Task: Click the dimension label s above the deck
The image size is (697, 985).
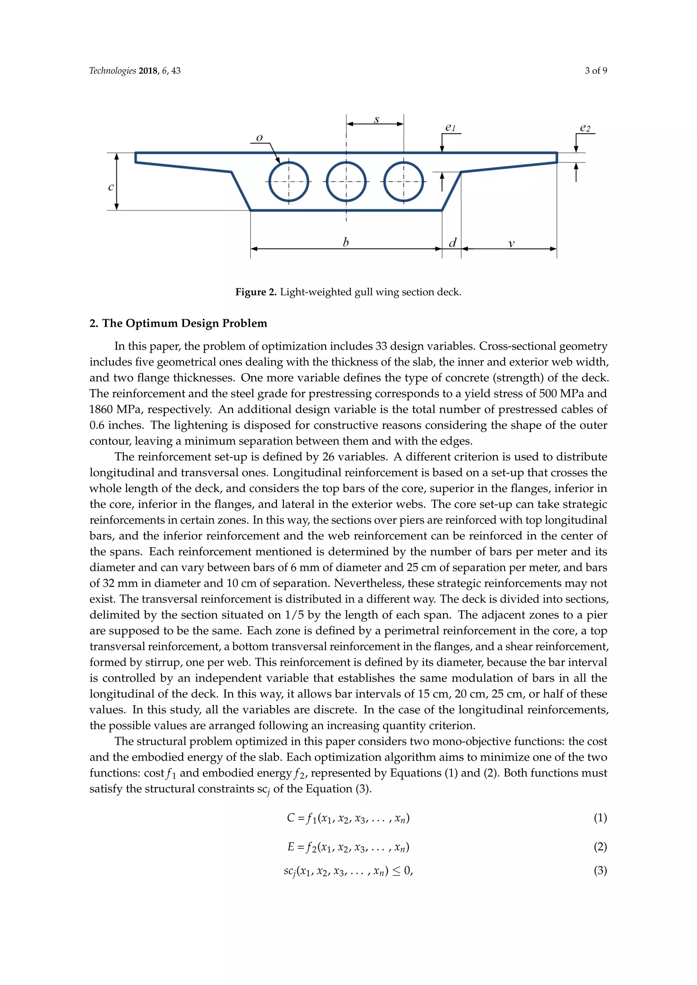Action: pyautogui.click(x=376, y=120)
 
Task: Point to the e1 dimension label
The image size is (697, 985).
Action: pyautogui.click(x=450, y=128)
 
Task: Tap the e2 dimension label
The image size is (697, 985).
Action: pyautogui.click(x=585, y=128)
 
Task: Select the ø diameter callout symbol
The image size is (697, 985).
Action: pyautogui.click(x=259, y=138)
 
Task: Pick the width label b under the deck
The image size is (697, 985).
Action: pyautogui.click(x=346, y=243)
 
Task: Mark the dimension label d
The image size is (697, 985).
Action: pyautogui.click(x=452, y=243)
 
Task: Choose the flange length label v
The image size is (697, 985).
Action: pyautogui.click(x=511, y=244)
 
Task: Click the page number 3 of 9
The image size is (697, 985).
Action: pyautogui.click(x=596, y=71)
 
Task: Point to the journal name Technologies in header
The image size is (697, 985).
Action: pyautogui.click(x=112, y=71)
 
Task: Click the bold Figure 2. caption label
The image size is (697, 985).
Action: pyautogui.click(x=256, y=292)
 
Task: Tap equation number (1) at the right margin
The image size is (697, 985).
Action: pyautogui.click(x=600, y=818)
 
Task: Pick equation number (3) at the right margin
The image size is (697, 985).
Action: pyautogui.click(x=600, y=870)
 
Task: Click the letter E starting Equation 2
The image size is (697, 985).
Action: pyautogui.click(x=291, y=847)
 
